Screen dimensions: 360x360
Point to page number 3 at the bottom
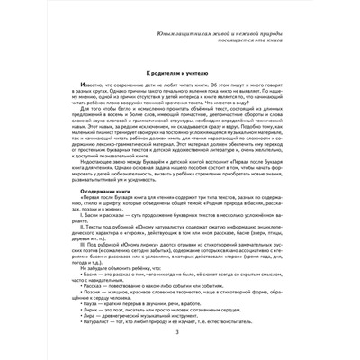tap(179, 334)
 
